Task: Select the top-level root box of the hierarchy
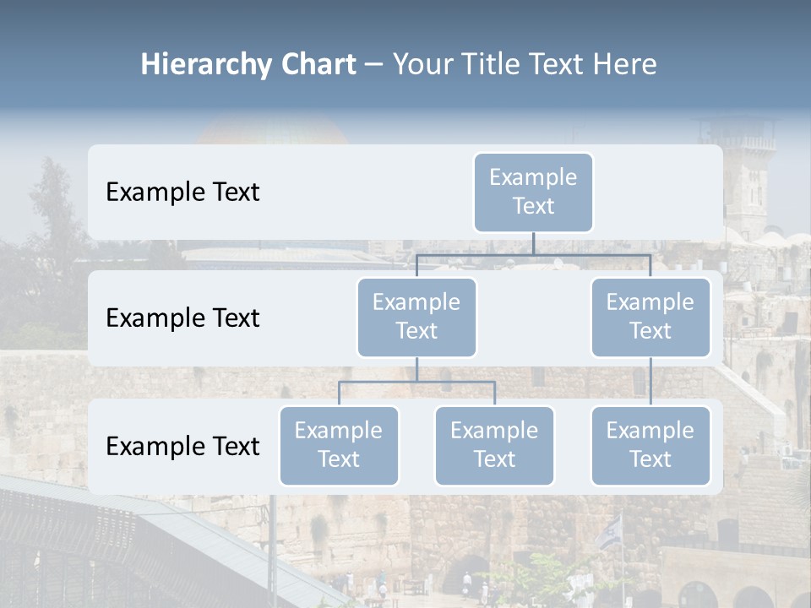click(533, 192)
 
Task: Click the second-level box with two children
click(416, 317)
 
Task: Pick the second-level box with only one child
click(650, 317)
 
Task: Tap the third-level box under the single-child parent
click(650, 445)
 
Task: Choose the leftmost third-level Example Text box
click(339, 445)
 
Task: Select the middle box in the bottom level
click(494, 445)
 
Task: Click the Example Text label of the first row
click(182, 192)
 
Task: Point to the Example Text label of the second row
click(182, 318)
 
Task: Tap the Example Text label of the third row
click(182, 446)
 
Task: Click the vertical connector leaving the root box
click(533, 242)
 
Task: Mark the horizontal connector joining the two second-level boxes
click(533, 254)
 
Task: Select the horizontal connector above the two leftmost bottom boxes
click(416, 382)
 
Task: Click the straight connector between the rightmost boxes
click(650, 382)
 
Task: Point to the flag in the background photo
click(611, 532)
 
